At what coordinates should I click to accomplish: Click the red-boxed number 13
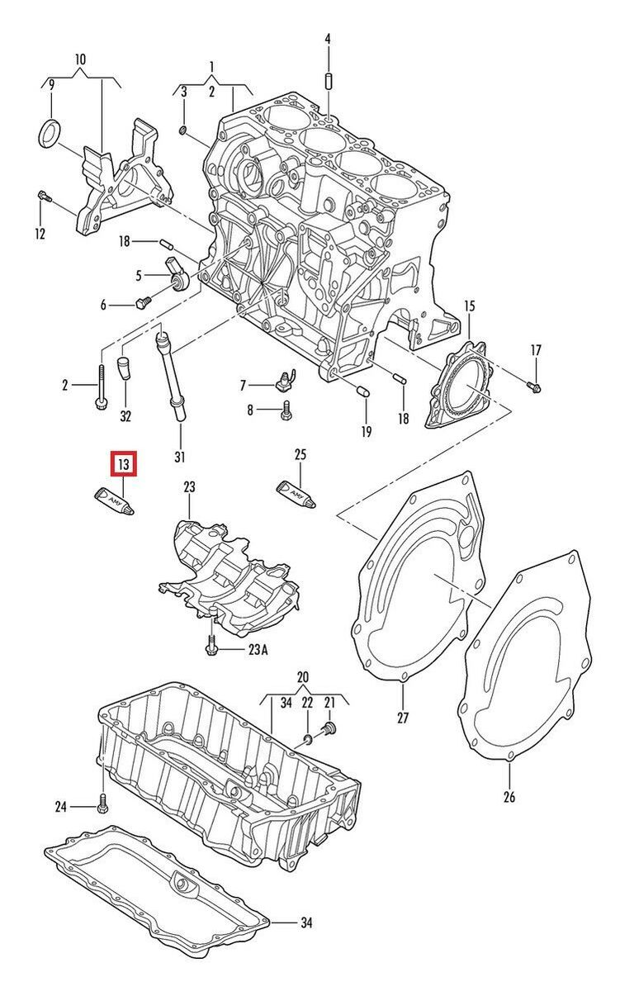[123, 465]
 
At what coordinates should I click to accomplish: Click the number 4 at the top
[327, 39]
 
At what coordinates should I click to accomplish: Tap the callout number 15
[469, 306]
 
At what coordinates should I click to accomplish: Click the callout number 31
[180, 457]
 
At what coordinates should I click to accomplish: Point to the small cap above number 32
[124, 367]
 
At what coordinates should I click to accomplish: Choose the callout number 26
[509, 796]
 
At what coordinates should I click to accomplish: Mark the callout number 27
[403, 718]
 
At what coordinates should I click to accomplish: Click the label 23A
[258, 650]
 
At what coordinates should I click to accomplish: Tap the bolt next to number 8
[286, 408]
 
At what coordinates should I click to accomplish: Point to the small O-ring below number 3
[183, 130]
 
